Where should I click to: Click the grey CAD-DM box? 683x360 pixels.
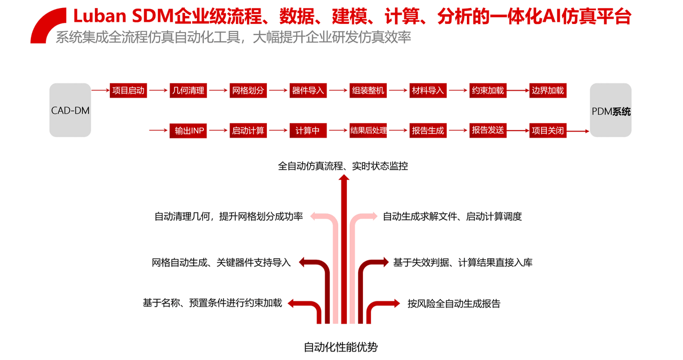click(x=70, y=110)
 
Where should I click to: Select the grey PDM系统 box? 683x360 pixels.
click(x=611, y=110)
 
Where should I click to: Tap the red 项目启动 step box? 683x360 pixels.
click(x=128, y=91)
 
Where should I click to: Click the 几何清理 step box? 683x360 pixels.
click(x=188, y=91)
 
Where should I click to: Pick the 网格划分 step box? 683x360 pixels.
click(x=248, y=91)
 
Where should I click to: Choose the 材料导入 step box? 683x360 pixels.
click(x=428, y=91)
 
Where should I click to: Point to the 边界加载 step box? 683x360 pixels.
click(x=547, y=91)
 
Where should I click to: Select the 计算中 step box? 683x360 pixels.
click(x=308, y=131)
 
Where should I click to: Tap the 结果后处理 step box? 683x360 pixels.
click(x=368, y=131)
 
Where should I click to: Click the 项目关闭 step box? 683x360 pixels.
click(x=547, y=131)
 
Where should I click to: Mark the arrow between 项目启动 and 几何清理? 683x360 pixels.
click(x=158, y=91)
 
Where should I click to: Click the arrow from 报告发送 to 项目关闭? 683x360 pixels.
click(x=518, y=131)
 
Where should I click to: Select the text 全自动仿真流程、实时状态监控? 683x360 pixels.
click(x=343, y=166)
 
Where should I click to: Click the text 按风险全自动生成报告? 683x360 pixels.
click(x=454, y=303)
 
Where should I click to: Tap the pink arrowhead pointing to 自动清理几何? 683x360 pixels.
click(x=315, y=216)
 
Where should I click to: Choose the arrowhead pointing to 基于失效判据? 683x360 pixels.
click(x=384, y=262)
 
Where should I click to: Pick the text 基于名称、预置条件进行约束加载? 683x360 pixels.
click(x=212, y=303)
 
